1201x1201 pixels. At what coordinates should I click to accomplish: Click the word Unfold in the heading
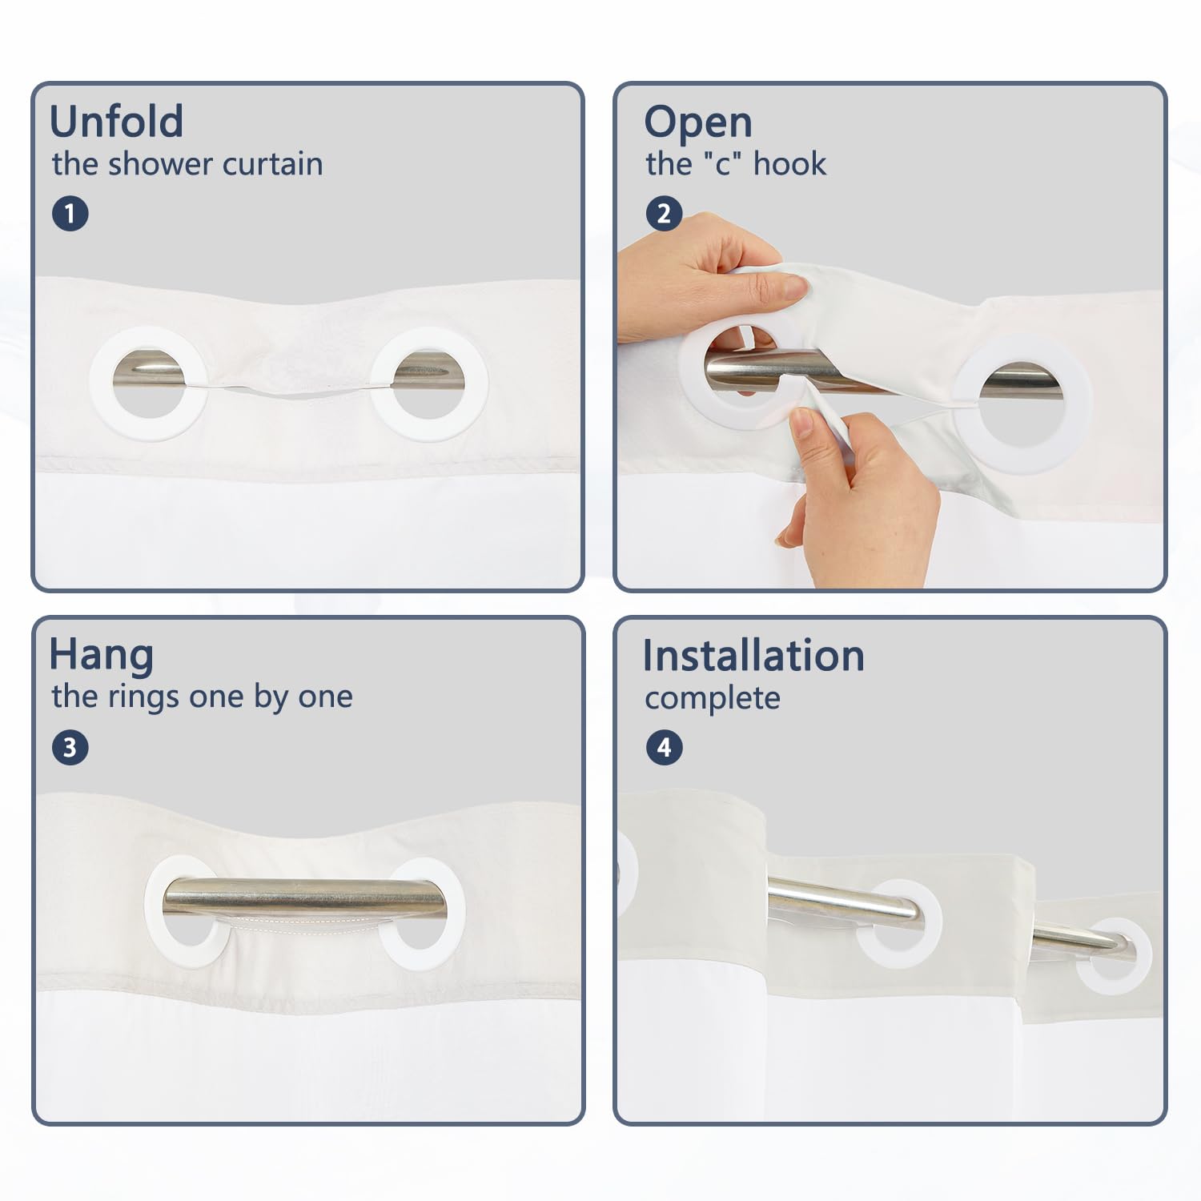117,122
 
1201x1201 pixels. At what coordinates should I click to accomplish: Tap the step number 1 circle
70,214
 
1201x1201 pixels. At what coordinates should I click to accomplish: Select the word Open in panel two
698,124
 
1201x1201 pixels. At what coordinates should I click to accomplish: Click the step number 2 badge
664,214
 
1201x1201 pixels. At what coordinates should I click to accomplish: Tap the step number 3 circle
70,747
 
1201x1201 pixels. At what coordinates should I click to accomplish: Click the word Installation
754,656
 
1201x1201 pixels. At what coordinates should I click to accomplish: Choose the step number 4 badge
664,747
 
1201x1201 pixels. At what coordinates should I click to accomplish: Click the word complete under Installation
713,699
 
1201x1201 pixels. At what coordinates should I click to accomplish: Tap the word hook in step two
789,164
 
